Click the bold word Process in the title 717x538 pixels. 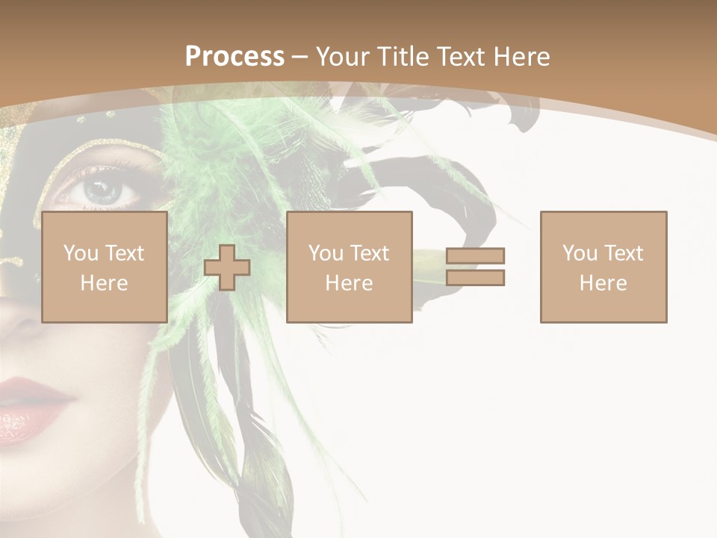[235, 57]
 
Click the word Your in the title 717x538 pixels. [344, 57]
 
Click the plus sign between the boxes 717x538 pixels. [227, 268]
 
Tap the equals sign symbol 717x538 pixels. [475, 267]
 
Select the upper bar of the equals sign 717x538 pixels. [475, 256]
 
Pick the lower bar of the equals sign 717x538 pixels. [475, 277]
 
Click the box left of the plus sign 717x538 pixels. [105, 267]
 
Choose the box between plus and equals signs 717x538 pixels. [349, 267]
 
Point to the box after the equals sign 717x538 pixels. [603, 267]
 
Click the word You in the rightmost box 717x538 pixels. [580, 253]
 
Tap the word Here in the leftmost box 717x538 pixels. [105, 282]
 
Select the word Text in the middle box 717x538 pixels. [370, 253]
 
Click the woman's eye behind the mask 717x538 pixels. [101, 191]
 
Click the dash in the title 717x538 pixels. [300, 57]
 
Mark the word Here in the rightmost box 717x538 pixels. [603, 282]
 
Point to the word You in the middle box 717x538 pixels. [326, 253]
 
